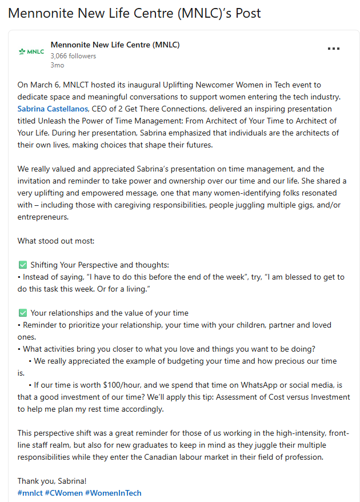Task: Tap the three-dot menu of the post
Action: click(x=334, y=49)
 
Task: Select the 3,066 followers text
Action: click(x=73, y=56)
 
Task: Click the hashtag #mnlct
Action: click(x=29, y=493)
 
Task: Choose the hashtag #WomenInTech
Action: click(x=113, y=493)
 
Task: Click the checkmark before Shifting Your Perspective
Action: click(x=23, y=265)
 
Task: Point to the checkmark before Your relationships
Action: click(x=23, y=313)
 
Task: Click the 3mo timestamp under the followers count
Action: click(x=57, y=65)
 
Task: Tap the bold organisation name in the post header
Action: click(x=115, y=45)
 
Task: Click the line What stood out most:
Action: click(x=55, y=241)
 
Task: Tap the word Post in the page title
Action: click(x=245, y=13)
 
